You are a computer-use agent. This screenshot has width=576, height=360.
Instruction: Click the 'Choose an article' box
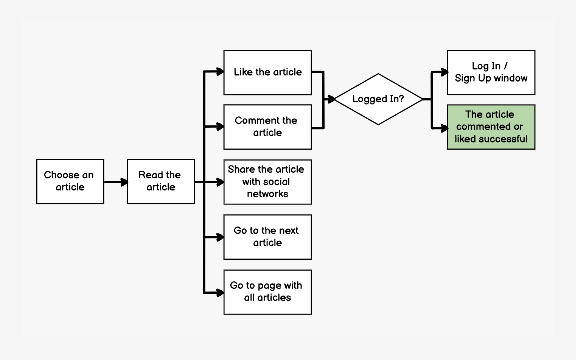[x=70, y=181]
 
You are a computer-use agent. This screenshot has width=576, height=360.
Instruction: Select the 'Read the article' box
[x=161, y=181]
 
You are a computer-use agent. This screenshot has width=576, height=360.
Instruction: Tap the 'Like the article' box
[x=267, y=72]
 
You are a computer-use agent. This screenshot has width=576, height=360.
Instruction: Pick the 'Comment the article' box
[x=267, y=127]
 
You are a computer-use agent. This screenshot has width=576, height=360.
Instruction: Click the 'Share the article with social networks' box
[x=267, y=182]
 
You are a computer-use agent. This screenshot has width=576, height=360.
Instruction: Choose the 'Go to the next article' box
[x=267, y=237]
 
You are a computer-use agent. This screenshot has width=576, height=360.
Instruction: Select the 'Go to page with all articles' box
[x=267, y=292]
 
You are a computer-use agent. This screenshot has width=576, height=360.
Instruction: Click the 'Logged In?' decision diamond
[x=378, y=99]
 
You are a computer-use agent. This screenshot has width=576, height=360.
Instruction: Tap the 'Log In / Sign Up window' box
[x=491, y=72]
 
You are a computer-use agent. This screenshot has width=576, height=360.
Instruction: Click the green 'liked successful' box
[x=491, y=127]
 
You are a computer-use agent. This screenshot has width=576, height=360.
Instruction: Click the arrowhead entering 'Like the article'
[x=220, y=72]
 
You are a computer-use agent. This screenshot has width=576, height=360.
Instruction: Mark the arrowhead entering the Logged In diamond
[x=331, y=99]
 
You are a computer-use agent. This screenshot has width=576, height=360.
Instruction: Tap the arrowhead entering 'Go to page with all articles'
[x=220, y=293]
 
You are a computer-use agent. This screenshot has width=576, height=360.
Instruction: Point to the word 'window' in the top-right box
[x=510, y=78]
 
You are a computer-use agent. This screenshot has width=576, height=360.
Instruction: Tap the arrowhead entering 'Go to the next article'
[x=220, y=237]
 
